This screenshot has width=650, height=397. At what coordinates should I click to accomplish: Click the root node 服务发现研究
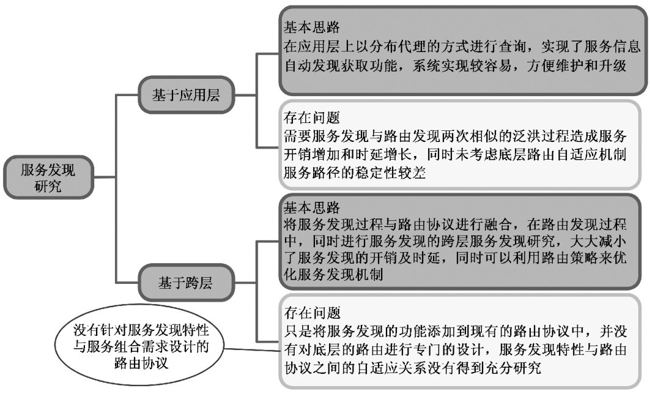coord(48,177)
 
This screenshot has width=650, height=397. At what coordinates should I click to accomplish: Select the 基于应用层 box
coord(186,95)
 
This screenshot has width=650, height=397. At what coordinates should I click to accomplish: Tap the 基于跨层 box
coord(186,283)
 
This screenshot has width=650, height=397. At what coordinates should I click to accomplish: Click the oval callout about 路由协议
coord(141,347)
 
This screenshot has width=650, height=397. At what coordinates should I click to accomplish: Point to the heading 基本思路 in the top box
coord(311,28)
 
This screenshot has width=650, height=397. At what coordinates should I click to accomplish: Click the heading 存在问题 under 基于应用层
coord(311,118)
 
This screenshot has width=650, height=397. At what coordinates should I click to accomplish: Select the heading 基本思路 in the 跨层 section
coord(311,207)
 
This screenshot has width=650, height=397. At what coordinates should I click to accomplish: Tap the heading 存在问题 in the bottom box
coord(312,313)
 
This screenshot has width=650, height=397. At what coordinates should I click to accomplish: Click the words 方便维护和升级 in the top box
coord(576,65)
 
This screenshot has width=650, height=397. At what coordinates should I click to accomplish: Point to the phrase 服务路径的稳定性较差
coord(355,172)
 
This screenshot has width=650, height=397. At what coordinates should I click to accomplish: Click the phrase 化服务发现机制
coord(333,274)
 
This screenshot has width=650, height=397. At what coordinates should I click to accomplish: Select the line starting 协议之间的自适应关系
coord(413,368)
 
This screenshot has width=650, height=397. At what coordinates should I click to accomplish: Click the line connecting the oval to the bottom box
coord(253,349)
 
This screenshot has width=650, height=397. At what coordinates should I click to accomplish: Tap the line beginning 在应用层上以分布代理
coord(462,46)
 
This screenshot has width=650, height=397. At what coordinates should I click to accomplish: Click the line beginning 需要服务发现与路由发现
coord(455,136)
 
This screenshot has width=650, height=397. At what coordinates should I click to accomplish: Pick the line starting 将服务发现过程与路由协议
coord(455,224)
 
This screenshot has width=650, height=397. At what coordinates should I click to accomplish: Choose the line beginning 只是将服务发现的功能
coord(456,332)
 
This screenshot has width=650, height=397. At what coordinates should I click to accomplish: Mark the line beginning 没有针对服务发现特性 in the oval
coord(141,330)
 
